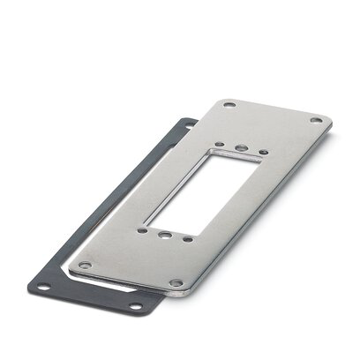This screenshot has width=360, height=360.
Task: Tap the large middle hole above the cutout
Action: (242, 147)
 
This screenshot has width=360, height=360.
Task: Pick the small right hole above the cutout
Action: (262, 153)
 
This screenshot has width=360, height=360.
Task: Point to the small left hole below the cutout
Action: (142, 230)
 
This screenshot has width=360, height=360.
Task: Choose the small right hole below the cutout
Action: (188, 238)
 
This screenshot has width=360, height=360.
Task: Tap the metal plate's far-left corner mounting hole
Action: (229, 106)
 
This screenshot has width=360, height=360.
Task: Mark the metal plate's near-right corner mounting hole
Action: (176, 283)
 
